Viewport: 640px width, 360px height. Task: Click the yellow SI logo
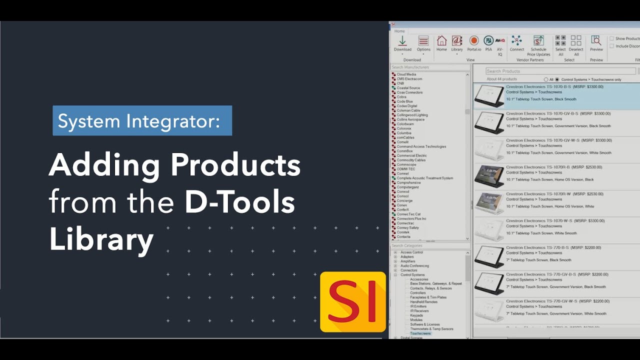[353, 302]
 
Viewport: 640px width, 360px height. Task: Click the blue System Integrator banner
[142, 121]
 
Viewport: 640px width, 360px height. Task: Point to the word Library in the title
[101, 239]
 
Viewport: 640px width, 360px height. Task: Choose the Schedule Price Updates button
[538, 45]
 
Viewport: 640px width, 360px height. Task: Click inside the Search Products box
[560, 71]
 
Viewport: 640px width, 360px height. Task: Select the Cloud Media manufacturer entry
[406, 74]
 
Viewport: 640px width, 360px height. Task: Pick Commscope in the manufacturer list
[406, 164]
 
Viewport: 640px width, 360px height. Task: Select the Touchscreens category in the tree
[420, 333]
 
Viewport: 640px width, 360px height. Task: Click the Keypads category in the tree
[416, 315]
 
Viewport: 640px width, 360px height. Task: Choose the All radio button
[546, 79]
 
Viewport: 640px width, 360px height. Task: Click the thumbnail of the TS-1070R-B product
[489, 176]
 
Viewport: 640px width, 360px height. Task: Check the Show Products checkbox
[611, 38]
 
